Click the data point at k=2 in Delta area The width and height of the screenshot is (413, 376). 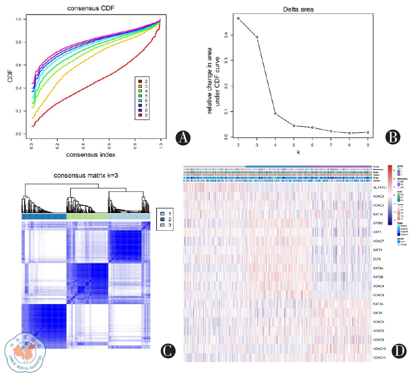238,19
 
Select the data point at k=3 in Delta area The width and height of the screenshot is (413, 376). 257,37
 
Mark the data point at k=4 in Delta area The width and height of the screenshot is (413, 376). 275,114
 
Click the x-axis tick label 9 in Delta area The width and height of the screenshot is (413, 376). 368,145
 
